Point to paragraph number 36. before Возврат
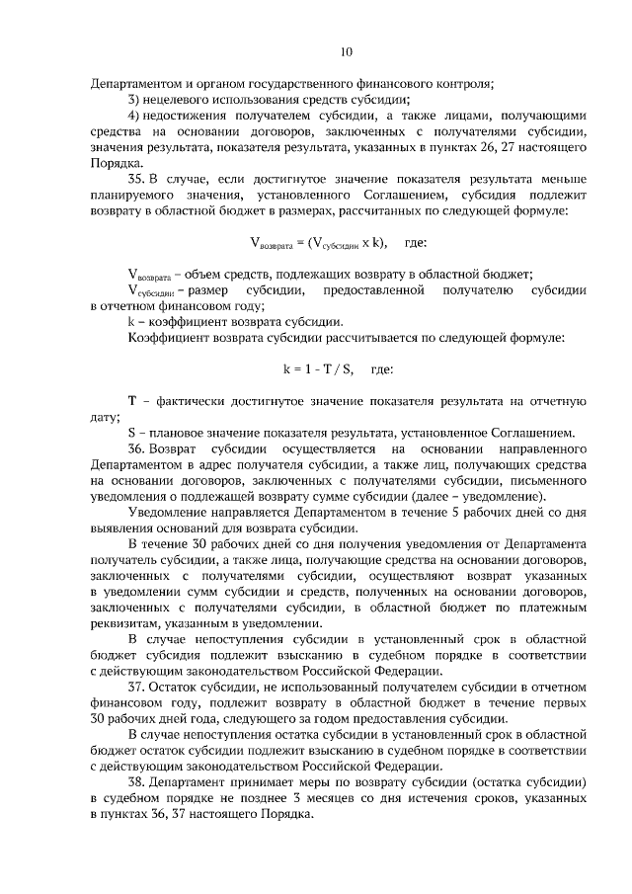pyautogui.click(x=138, y=449)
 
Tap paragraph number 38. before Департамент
pyautogui.click(x=138, y=780)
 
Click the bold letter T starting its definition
pyautogui.click(x=132, y=401)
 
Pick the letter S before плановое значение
pyautogui.click(x=132, y=433)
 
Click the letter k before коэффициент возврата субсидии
pyautogui.click(x=131, y=322)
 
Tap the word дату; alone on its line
pyautogui.click(x=104, y=417)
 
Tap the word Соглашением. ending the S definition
pyautogui.click(x=533, y=433)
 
